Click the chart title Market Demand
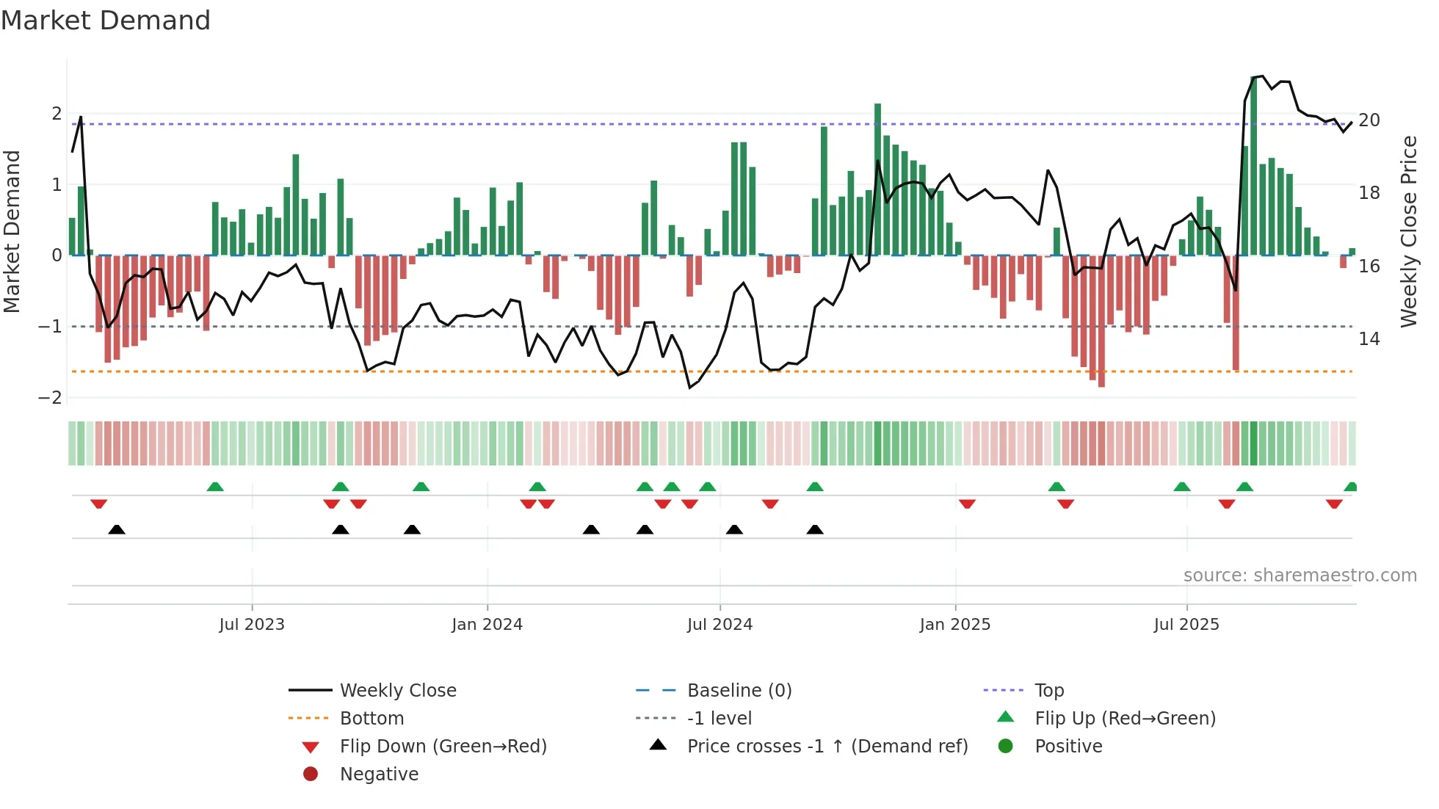coord(106,21)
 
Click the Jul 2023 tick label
coord(252,625)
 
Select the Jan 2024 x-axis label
coord(487,625)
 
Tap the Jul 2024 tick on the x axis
coord(719,625)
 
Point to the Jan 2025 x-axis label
coord(954,625)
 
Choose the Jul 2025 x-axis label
coord(1186,625)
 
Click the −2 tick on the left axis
coord(51,398)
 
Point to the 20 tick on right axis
coord(1369,120)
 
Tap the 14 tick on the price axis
coord(1369,339)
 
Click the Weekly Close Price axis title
coord(1408,231)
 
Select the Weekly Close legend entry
coord(397,691)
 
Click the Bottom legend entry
coord(371,719)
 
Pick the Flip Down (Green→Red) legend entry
coord(443,747)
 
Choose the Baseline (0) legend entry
coord(739,691)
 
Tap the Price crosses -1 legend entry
coord(827,747)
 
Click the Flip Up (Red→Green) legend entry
coord(1125,719)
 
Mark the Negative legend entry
coord(379,774)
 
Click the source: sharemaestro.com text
coord(1300,576)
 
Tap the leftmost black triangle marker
coord(117,530)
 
